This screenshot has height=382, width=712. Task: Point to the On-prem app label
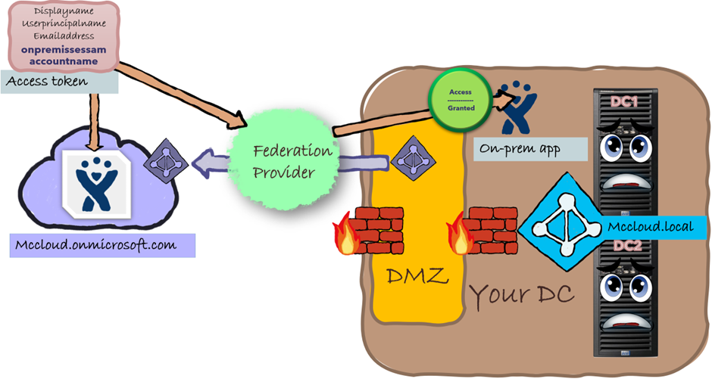(521, 149)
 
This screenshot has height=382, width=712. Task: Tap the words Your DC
(522, 294)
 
